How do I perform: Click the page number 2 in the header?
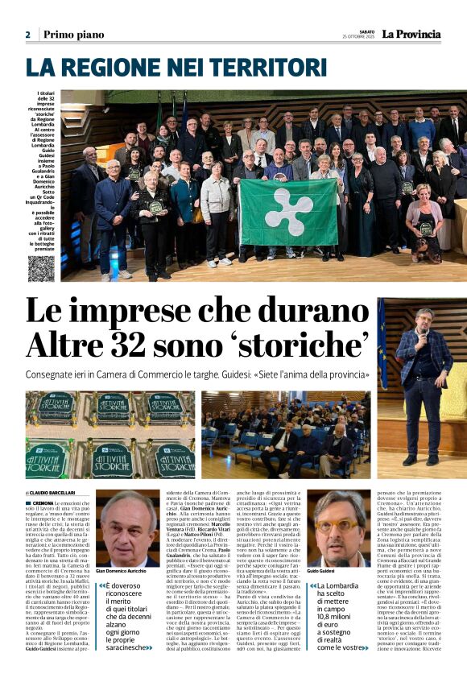pyautogui.click(x=27, y=35)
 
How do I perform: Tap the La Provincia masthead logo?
pyautogui.click(x=411, y=34)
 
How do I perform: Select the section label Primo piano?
pyautogui.click(x=74, y=35)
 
